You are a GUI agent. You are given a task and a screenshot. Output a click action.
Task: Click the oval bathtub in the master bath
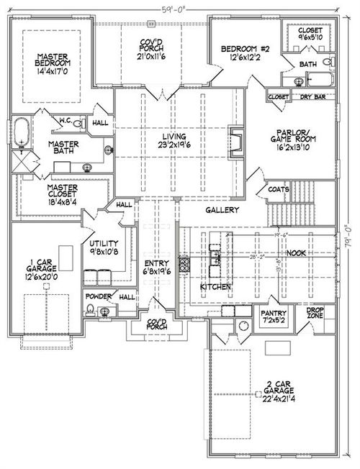point(23,132)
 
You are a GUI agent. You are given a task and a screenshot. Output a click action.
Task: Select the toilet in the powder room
point(90,310)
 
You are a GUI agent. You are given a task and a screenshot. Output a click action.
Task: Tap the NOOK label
point(297,252)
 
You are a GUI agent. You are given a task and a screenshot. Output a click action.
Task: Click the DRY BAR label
point(313,96)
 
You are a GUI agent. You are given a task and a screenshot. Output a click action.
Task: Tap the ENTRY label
point(156,267)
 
